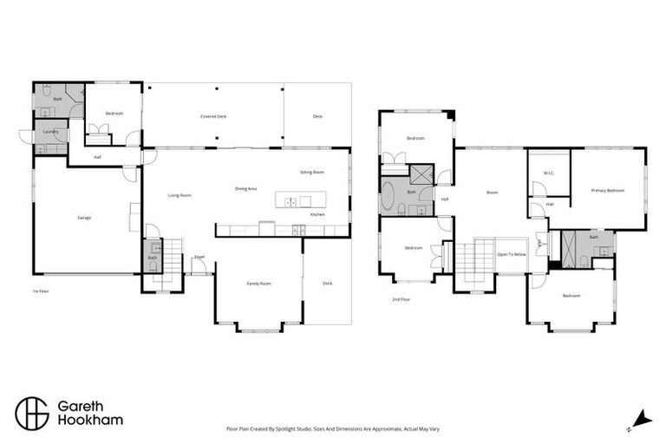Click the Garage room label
point(84,218)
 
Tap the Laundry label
point(50,132)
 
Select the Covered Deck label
point(213,115)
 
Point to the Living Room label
point(180,195)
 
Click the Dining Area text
point(245,188)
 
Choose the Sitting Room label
point(312,173)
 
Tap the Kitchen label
point(317,213)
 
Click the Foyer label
point(199,257)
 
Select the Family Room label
point(259,284)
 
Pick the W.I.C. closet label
point(549,173)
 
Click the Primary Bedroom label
point(607,190)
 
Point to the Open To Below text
point(511,254)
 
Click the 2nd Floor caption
point(400,299)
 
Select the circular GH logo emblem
point(32,413)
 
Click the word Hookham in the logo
point(89,421)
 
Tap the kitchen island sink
point(291,201)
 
